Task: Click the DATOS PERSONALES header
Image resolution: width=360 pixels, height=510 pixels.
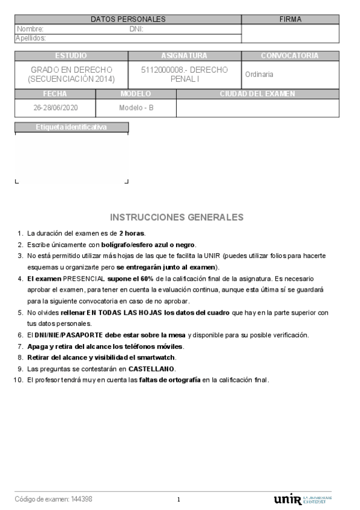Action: pos(127,19)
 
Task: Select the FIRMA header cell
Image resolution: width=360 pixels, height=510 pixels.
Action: pos(290,19)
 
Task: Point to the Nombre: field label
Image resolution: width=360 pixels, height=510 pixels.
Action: pos(30,29)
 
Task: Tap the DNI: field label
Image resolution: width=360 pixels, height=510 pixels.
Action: pos(136,29)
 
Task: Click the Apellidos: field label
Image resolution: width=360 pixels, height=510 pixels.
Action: pos(31,38)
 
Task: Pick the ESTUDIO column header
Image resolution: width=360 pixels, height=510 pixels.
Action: pos(71,56)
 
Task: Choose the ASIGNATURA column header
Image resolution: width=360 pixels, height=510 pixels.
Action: pos(185,56)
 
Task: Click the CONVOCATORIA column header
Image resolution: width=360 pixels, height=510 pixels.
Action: pos(290,56)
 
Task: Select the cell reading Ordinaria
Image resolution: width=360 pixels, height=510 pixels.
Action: pos(259,75)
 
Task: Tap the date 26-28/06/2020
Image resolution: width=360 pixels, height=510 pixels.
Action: pos(55,108)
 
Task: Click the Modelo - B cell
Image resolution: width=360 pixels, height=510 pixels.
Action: pos(136,108)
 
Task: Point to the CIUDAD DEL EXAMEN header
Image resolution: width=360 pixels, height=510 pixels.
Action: pos(257,94)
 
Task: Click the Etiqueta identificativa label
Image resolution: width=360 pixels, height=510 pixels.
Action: pos(71,127)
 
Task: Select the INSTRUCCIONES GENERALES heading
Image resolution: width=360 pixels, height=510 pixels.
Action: pos(177,217)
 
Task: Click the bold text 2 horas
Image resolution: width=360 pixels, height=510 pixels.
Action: pos(132,233)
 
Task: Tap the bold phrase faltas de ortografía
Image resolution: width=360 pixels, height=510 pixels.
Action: pos(169,380)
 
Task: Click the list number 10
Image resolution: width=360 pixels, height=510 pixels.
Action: pos(16,380)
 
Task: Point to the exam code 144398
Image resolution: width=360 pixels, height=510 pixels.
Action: pos(82,499)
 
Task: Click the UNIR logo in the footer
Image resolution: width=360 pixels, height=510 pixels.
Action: pos(287,500)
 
